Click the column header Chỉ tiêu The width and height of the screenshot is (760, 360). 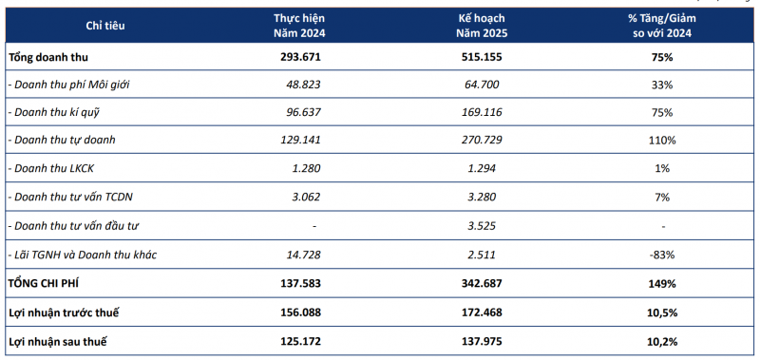(x=105, y=26)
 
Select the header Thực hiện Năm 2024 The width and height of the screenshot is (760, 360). (x=299, y=26)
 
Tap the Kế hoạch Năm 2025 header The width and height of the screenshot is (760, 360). (x=483, y=26)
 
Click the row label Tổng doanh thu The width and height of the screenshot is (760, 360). (x=48, y=57)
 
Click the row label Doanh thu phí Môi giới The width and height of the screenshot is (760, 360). (x=69, y=85)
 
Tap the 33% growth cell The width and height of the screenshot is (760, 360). (x=662, y=85)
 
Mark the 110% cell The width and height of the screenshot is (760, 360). (x=662, y=141)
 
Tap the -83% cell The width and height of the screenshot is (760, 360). (x=662, y=254)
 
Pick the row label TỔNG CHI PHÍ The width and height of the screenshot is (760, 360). (x=44, y=283)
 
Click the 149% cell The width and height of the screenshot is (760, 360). (x=662, y=284)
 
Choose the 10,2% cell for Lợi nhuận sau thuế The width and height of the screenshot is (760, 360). (x=662, y=342)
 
